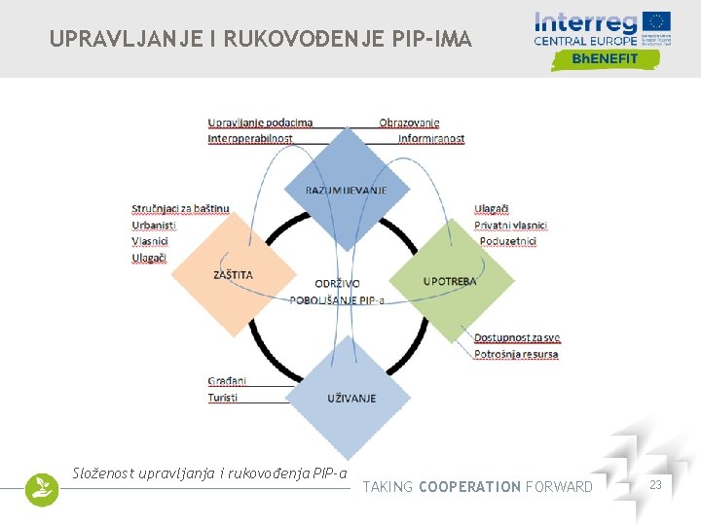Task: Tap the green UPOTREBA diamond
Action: [450, 280]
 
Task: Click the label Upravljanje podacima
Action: [260, 122]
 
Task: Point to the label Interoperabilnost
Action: [250, 139]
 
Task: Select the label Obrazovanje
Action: [409, 122]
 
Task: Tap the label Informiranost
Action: [431, 139]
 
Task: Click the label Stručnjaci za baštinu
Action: [180, 208]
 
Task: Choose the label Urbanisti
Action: [154, 225]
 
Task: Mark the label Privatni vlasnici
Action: [510, 225]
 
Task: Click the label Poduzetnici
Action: [507, 241]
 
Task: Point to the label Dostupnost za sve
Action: [517, 338]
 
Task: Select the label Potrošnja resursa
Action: [516, 354]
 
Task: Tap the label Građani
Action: [227, 381]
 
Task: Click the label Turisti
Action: [223, 398]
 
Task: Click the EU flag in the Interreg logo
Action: [657, 21]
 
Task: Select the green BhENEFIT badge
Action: [606, 58]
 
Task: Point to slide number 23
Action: [656, 485]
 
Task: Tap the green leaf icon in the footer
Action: [42, 489]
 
